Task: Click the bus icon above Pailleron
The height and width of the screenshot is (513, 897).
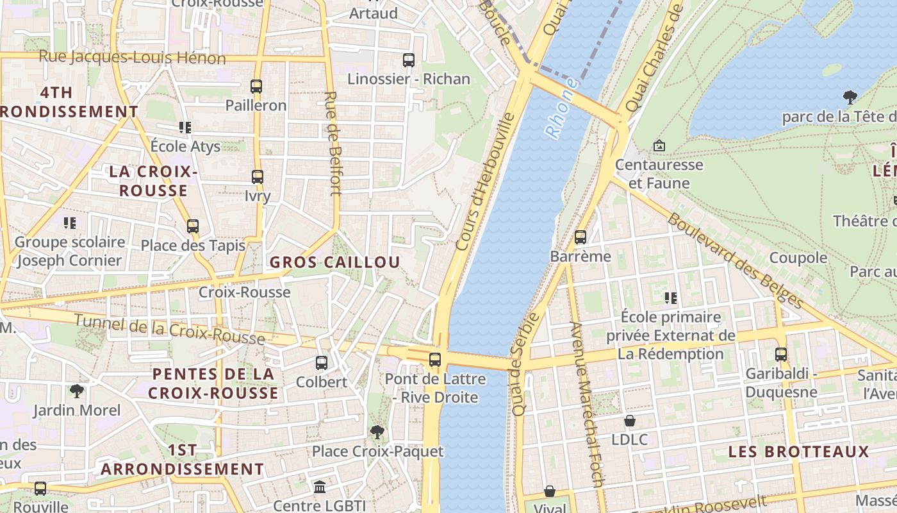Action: click(256, 86)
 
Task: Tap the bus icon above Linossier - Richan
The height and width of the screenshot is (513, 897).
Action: click(409, 60)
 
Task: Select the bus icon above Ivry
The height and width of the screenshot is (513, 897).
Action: click(258, 177)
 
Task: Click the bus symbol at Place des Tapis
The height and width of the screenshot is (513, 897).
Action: click(193, 226)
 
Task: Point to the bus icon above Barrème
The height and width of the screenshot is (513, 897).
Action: click(580, 237)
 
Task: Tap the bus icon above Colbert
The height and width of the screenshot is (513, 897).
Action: click(322, 363)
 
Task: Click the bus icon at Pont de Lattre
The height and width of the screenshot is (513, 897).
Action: click(435, 360)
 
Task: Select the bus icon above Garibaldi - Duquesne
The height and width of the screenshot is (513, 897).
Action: click(781, 355)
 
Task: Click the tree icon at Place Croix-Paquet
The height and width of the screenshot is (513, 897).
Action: click(377, 432)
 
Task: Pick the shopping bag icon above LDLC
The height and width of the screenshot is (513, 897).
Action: click(630, 421)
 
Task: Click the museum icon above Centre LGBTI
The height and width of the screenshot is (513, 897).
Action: click(319, 487)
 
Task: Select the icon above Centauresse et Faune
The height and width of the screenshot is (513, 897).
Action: click(659, 146)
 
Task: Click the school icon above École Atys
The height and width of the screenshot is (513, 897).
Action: click(185, 127)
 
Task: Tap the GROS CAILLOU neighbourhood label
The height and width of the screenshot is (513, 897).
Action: click(334, 262)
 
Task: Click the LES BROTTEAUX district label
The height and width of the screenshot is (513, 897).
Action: click(798, 451)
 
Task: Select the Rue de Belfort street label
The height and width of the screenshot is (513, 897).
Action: click(332, 142)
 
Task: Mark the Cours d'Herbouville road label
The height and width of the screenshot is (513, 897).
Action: click(485, 181)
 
